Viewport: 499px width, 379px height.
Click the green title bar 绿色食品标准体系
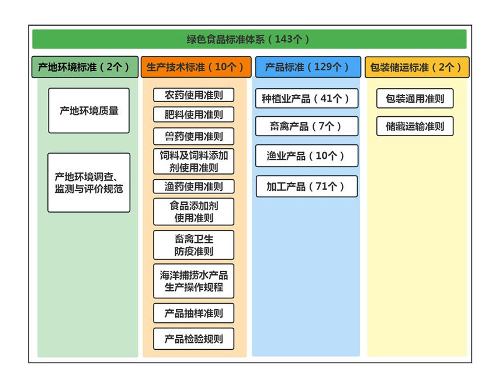[249, 39]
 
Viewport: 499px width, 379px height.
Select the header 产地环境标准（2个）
[85, 67]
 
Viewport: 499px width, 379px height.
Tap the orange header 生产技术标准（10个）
[196, 67]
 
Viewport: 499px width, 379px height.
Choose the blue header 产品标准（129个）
[308, 67]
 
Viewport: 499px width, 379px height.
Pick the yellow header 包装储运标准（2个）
[417, 67]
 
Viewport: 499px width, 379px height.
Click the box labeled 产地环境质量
[89, 110]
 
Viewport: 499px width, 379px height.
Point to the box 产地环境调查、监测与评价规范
[89, 183]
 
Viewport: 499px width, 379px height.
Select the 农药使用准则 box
[193, 95]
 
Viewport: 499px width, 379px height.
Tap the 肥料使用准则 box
[193, 114]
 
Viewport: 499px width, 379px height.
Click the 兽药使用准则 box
[193, 137]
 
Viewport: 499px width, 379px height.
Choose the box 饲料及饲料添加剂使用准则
[193, 162]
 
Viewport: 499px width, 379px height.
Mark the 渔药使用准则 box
[193, 187]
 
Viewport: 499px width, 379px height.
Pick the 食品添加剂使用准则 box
[193, 212]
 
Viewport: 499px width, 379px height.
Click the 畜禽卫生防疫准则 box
[193, 245]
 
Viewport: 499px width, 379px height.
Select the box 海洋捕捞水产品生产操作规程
[193, 281]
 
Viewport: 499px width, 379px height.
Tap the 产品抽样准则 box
[193, 313]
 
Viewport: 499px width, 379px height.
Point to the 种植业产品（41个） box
[307, 98]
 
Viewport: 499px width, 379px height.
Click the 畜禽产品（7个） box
[307, 126]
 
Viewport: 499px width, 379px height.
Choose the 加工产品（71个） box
[307, 186]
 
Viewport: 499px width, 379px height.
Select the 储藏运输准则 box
[415, 126]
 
